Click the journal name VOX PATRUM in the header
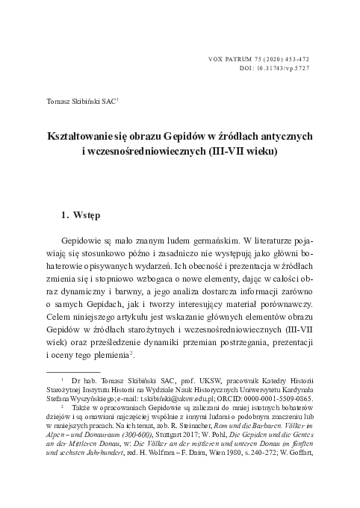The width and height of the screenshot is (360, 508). [226, 58]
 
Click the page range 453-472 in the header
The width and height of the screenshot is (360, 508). [293, 58]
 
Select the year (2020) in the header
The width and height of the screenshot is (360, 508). [263, 58]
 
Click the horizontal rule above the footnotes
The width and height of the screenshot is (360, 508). [73, 371]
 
